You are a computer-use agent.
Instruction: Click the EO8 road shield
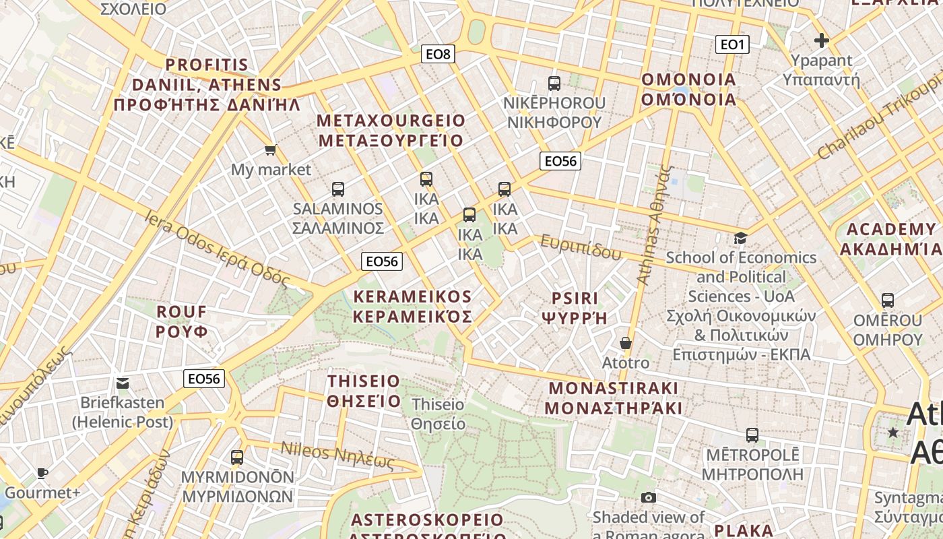point(438,54)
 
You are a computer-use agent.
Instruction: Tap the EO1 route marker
point(731,44)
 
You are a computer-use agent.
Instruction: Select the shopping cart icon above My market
point(270,150)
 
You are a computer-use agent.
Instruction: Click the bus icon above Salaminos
point(338,189)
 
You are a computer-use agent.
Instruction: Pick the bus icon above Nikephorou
point(554,84)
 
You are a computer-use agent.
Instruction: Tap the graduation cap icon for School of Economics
point(740,238)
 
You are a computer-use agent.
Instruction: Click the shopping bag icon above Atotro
point(626,343)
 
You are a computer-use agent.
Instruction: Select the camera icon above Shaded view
point(649,497)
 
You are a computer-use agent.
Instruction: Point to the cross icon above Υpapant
point(821,40)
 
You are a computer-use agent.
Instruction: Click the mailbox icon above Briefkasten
point(122,383)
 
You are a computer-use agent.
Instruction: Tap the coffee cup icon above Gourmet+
point(42,473)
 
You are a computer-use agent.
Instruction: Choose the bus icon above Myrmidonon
point(237,457)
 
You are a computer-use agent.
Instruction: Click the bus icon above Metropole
point(752,435)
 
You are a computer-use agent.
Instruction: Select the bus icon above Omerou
point(888,300)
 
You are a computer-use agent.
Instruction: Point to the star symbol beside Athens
point(893,432)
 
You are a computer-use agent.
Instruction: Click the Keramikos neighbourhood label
point(412,307)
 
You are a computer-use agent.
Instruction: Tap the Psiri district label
point(575,308)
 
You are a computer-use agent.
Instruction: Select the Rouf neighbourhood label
point(182,321)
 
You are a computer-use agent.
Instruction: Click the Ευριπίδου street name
point(581,247)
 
